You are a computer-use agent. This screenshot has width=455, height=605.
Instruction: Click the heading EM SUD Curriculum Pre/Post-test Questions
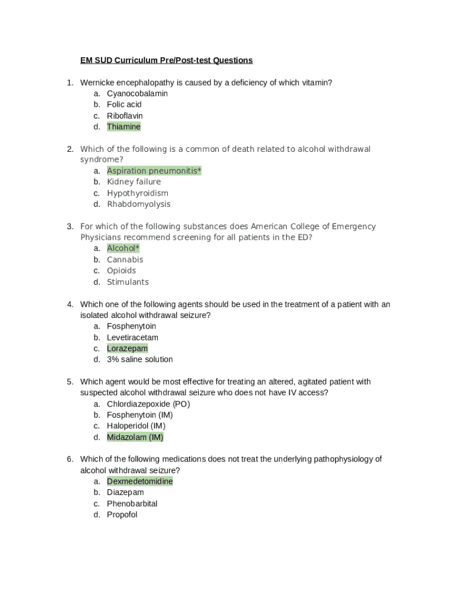pos(166,60)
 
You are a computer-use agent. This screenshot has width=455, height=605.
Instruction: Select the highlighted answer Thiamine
pos(123,127)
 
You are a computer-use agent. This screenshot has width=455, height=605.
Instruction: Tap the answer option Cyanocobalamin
pos(137,93)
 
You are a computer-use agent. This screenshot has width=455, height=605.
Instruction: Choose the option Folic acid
pos(124,105)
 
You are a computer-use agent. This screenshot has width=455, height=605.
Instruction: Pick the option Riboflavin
pos(125,116)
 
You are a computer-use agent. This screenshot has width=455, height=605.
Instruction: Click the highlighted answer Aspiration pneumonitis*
pos(154,171)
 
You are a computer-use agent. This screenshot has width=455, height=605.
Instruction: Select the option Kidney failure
pos(134,182)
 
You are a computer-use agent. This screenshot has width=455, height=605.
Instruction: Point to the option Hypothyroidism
pos(137,193)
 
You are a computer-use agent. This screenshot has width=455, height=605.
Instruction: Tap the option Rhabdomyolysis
pos(138,204)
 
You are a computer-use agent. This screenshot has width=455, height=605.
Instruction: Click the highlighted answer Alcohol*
pos(123,249)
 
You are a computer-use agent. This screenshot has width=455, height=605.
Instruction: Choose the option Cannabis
pos(125,260)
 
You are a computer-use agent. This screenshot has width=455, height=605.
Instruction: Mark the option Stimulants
pos(128,282)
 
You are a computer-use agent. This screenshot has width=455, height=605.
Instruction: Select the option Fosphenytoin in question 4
pos(131,326)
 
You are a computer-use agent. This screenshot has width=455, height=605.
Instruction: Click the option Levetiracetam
pos(132,338)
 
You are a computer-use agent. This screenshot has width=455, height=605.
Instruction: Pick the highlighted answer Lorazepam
pos(127,349)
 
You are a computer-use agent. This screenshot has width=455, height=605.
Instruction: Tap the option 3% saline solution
pos(139,359)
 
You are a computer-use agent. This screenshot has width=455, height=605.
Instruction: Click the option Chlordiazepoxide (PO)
pos(148,404)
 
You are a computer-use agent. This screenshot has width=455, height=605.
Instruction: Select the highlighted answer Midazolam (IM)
pos(135,437)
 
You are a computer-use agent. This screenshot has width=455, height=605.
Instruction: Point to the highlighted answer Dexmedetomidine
pos(139,482)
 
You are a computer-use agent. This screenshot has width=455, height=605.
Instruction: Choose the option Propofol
pos(122,515)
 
